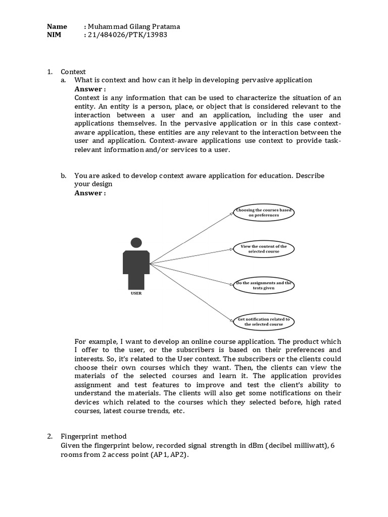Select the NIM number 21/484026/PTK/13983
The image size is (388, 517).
[127, 35]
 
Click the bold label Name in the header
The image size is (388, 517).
[57, 27]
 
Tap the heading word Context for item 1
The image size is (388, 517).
[73, 72]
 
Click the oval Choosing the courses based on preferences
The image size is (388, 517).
[264, 212]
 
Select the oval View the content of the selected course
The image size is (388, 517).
[264, 248]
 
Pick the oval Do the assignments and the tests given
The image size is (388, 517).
[264, 285]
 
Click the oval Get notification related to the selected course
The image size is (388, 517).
[264, 322]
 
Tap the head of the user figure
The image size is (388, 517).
[136, 243]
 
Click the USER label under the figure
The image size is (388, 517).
[136, 293]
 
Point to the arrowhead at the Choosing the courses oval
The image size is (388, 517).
[232, 214]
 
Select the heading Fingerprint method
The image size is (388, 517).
[93, 436]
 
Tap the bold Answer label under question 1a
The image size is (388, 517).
[90, 89]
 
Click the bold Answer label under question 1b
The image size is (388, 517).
[90, 193]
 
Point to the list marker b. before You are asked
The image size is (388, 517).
[63, 176]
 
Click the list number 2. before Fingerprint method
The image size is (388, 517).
[50, 436]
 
